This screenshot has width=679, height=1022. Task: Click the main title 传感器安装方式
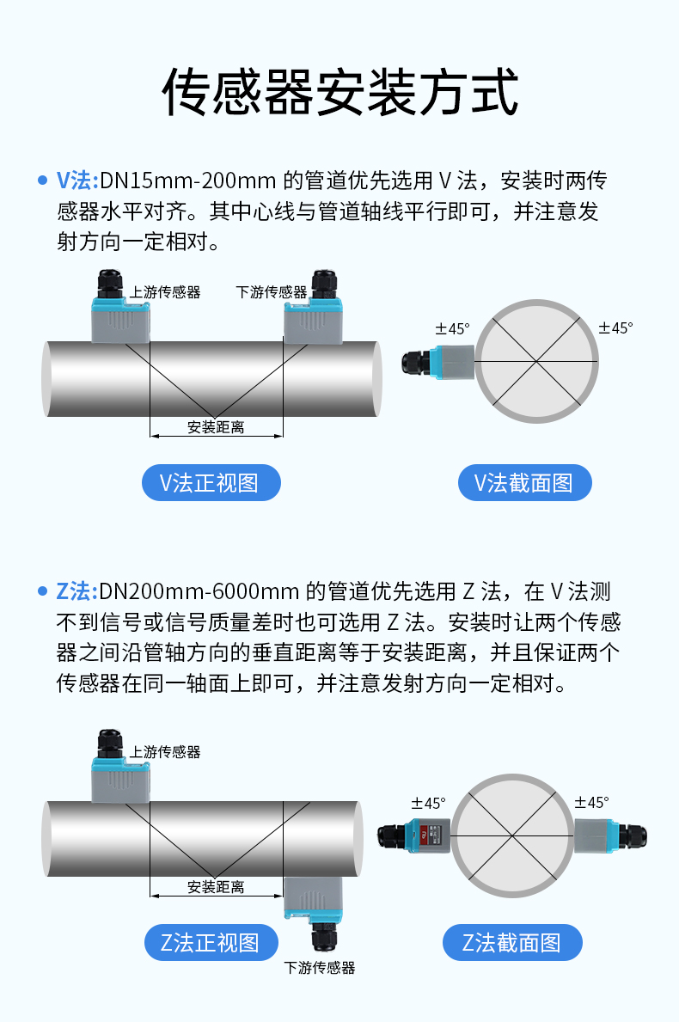(x=339, y=92)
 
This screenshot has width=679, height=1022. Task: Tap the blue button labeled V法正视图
(x=211, y=483)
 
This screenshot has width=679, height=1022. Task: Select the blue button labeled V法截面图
(x=524, y=483)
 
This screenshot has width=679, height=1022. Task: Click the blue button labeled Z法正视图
(x=211, y=942)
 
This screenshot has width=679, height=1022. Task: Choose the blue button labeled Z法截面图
(x=512, y=942)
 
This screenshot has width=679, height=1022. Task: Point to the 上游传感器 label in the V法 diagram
(x=165, y=292)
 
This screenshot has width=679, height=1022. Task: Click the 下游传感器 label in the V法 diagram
(x=271, y=292)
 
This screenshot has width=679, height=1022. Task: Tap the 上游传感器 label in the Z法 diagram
(x=165, y=752)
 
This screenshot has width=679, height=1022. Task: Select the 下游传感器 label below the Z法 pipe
(x=319, y=968)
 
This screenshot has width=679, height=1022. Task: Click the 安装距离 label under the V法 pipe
(x=216, y=427)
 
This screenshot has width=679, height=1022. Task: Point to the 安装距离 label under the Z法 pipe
(x=216, y=887)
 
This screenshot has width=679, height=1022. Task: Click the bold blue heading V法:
(x=76, y=181)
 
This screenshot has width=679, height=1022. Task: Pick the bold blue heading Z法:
(x=76, y=591)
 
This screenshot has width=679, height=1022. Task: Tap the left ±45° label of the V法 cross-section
(x=452, y=328)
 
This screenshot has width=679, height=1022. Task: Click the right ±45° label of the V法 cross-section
(x=615, y=327)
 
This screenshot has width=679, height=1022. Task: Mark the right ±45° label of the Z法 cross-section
(x=591, y=802)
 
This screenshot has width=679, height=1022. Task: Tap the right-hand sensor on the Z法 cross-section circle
(x=610, y=835)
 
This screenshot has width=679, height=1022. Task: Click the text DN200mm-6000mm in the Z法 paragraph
(x=199, y=591)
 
